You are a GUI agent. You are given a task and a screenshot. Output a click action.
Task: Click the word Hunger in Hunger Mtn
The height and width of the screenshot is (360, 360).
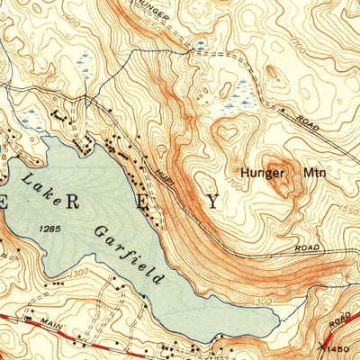(x=256, y=171)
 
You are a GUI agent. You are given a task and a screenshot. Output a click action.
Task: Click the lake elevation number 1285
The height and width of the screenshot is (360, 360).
(x=51, y=230)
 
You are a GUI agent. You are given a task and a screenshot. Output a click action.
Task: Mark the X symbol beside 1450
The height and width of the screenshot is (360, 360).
(x=323, y=343)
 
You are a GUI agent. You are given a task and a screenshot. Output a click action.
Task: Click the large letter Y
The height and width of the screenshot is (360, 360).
(x=212, y=202)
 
